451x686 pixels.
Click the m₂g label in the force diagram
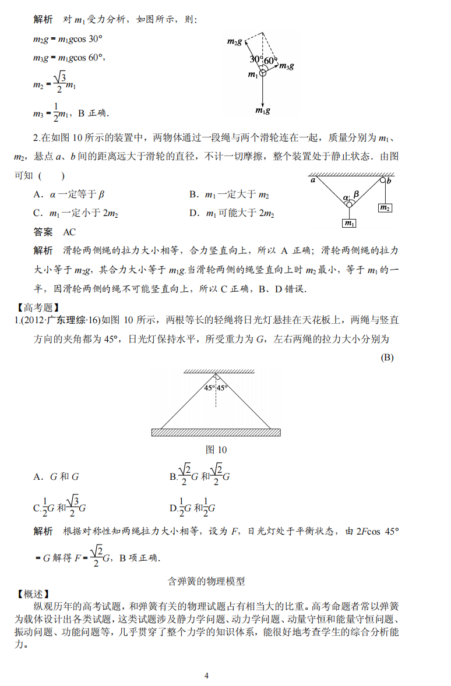[234, 41]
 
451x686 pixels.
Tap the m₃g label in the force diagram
[286, 66]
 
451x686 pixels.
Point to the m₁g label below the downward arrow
[263, 110]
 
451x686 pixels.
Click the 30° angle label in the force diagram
[255, 59]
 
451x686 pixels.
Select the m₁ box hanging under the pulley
[349, 223]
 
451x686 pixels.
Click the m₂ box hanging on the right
[385, 208]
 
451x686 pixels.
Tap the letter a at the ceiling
[313, 181]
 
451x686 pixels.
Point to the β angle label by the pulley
[356, 194]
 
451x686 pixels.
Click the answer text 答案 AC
[55, 232]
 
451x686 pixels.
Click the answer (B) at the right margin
[387, 358]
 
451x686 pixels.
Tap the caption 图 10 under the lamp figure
[216, 450]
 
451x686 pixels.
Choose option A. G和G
[56, 476]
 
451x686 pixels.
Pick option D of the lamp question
[193, 508]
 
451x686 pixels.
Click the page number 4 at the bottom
[206, 676]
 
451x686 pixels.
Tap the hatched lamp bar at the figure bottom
[216, 432]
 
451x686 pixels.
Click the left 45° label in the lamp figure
[209, 388]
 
